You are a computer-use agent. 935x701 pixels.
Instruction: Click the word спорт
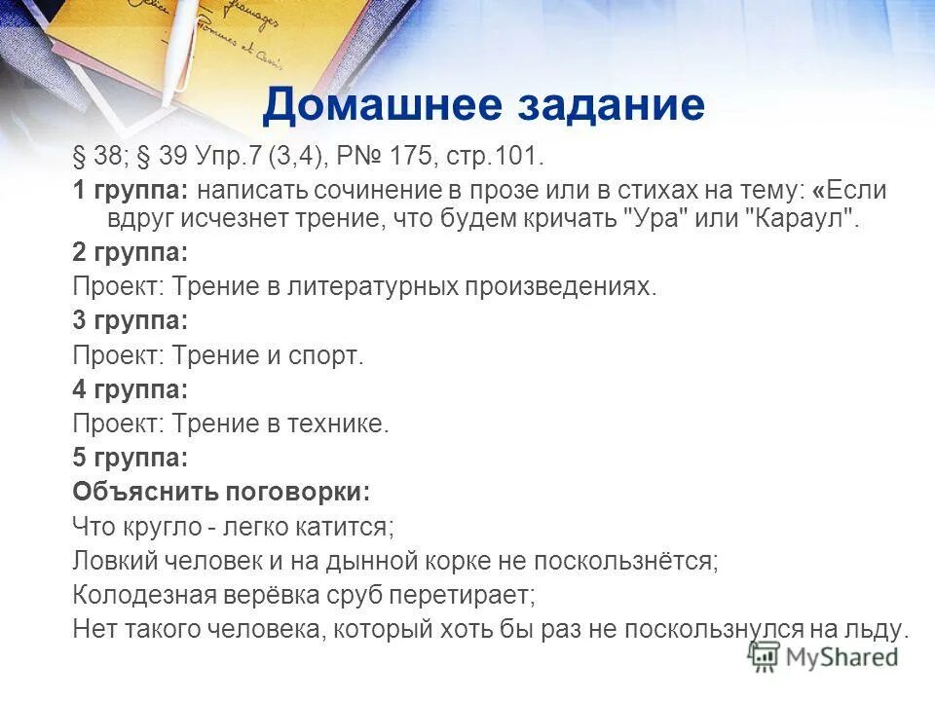point(325,355)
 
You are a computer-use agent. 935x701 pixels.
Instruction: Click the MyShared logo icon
point(765,655)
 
